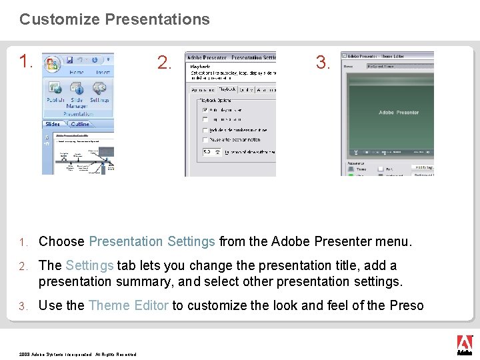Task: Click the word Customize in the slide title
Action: coord(59,19)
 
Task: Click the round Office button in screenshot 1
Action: coord(52,64)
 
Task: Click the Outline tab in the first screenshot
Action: coord(80,124)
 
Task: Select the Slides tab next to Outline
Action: coord(53,124)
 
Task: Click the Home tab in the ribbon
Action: coord(77,73)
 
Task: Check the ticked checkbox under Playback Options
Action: coord(205,109)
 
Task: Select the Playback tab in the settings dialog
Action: coord(227,89)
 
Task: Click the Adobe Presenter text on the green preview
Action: coord(399,113)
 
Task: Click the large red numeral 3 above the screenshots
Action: coord(323,63)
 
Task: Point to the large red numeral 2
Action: coord(164,63)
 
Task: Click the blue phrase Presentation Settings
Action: coord(152,241)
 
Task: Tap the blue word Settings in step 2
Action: coord(90,265)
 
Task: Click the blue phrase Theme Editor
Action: coord(129,305)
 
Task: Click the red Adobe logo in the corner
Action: coord(464,343)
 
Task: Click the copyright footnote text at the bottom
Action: coord(77,354)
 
